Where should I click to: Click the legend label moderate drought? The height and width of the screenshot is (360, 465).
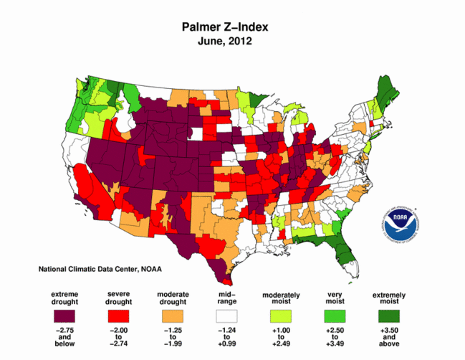[x=173, y=298]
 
